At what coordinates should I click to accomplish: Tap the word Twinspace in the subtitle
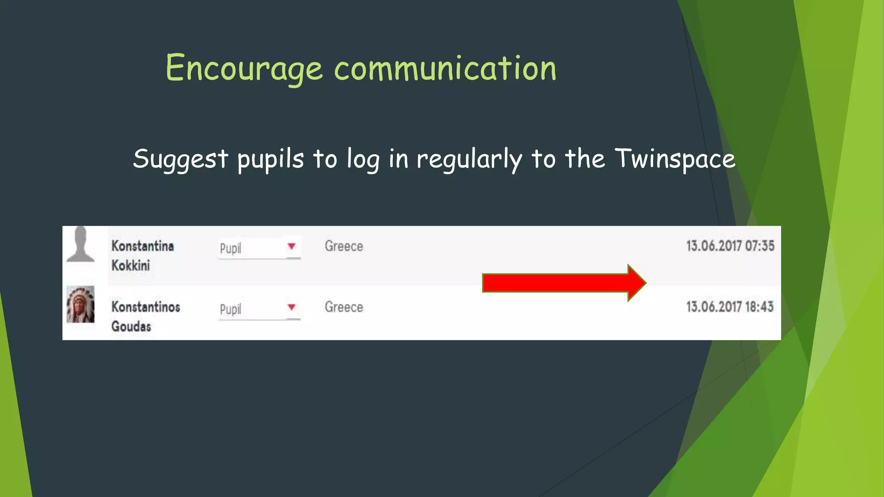[x=675, y=159]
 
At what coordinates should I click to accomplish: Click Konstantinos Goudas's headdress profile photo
[x=80, y=304]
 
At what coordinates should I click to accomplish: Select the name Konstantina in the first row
[x=142, y=246]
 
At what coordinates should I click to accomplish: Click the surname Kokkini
[x=130, y=265]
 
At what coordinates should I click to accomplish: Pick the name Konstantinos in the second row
[x=145, y=307]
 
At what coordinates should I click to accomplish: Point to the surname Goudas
[x=131, y=327]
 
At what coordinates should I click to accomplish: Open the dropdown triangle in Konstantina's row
[x=292, y=246]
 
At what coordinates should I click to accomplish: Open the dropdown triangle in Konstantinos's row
[x=292, y=307]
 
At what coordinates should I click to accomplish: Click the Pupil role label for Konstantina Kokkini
[x=230, y=248]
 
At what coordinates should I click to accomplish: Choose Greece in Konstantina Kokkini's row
[x=344, y=246]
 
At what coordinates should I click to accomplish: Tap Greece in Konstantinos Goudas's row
[x=344, y=307]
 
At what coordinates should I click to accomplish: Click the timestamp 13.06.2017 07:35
[x=730, y=246]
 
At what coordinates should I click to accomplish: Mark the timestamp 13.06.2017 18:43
[x=729, y=307]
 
